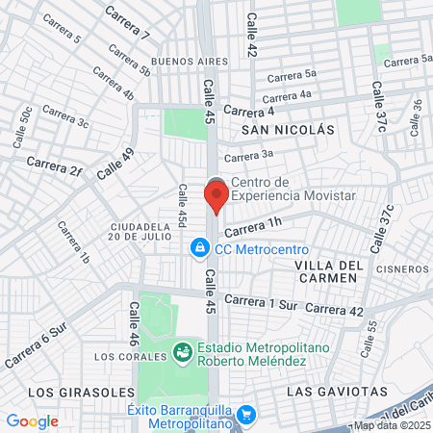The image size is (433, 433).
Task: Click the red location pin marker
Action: [x=216, y=196]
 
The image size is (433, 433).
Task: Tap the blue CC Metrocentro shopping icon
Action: [x=198, y=248]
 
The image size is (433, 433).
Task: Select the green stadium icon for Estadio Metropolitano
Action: [x=182, y=354]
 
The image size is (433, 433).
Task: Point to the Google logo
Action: [x=32, y=421]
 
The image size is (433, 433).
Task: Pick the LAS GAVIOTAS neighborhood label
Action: [x=337, y=392]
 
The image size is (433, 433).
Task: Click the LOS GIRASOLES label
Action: [x=68, y=393]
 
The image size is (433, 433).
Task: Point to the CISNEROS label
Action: [x=402, y=268]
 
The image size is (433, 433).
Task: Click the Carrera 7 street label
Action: [x=127, y=24]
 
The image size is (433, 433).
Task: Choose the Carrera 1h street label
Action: [x=253, y=227]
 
